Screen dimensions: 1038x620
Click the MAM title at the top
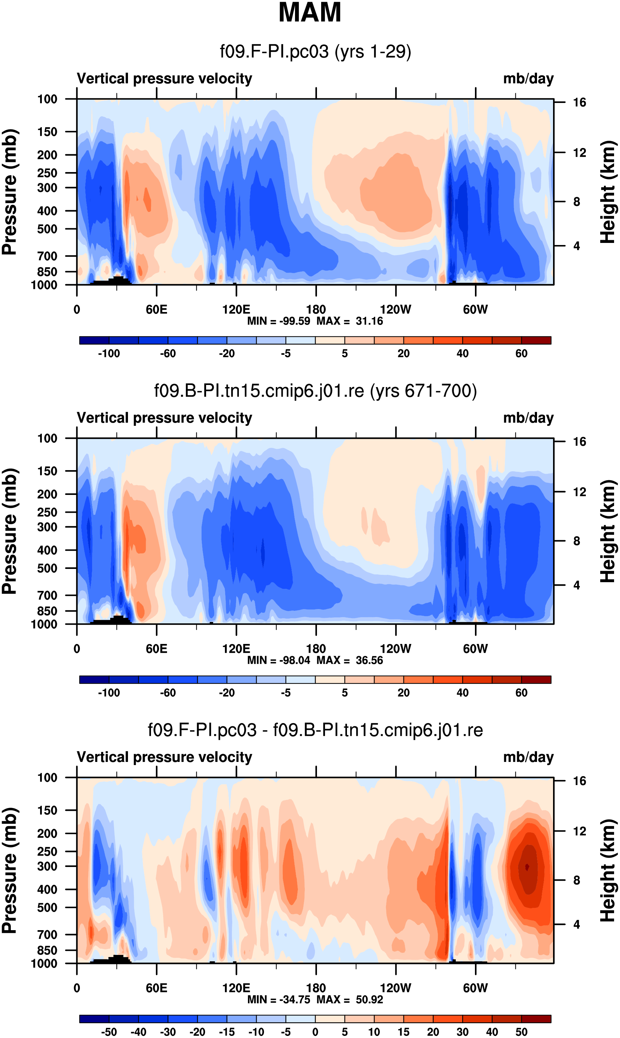310,13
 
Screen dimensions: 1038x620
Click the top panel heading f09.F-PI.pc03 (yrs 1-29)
316,51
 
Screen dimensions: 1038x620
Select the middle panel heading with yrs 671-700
316,391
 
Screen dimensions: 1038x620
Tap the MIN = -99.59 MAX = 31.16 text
315,321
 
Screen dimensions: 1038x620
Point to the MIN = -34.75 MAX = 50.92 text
315,999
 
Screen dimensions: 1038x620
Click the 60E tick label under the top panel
157,310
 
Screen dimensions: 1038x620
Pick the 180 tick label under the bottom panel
316,988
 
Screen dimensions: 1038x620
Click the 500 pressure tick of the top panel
47,229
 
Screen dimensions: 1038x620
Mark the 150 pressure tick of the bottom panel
47,810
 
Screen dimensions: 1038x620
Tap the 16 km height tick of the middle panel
579,442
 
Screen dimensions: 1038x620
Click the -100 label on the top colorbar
109,354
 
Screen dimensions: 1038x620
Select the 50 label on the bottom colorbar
521,1032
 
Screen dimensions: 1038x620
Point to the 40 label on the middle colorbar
462,693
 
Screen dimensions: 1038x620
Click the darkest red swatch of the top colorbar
536,340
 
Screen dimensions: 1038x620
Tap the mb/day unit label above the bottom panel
528,757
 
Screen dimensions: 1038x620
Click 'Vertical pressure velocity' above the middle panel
164,418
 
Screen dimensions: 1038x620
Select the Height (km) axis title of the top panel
608,192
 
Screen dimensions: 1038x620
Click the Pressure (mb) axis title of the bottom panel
9,870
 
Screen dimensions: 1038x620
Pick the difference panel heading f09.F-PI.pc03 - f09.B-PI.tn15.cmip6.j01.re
316,730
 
